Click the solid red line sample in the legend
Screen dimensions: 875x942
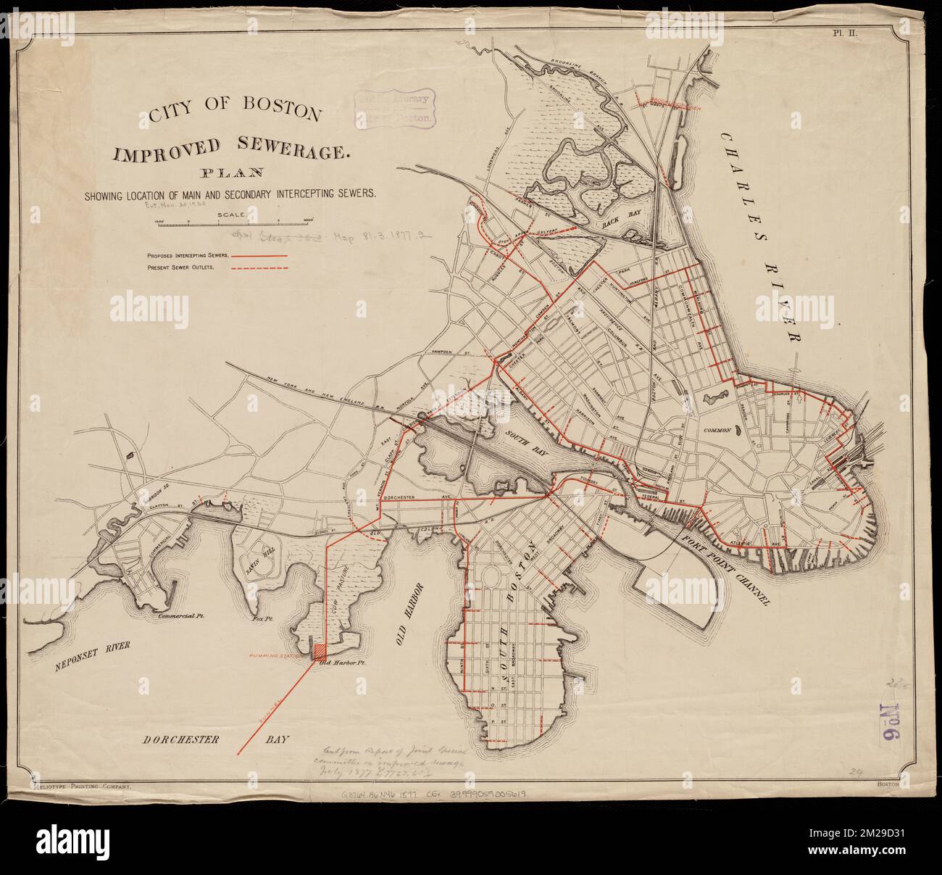(259, 256)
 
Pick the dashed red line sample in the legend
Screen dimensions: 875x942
(259, 269)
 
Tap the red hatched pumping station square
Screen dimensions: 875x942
(318, 650)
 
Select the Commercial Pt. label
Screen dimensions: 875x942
(182, 618)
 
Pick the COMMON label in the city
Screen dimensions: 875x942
(720, 431)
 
